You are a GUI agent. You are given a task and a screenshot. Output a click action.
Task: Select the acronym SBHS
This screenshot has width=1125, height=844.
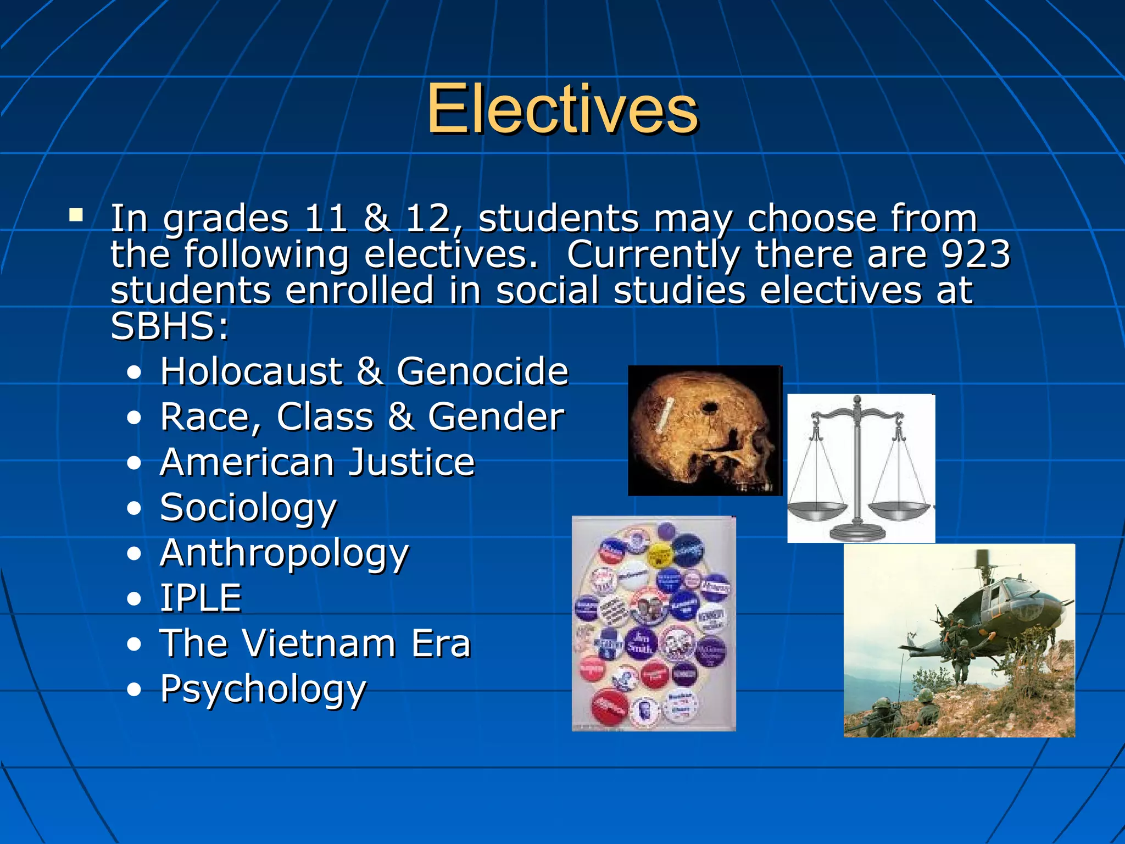click(163, 326)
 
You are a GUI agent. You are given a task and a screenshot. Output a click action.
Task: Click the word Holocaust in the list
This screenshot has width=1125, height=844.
click(252, 371)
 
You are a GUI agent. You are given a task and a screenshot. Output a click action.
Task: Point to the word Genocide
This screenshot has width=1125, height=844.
click(482, 371)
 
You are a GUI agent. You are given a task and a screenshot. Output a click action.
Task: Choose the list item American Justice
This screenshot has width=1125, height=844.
click(318, 462)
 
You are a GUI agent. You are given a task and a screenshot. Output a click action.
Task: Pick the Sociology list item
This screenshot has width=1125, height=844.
click(248, 508)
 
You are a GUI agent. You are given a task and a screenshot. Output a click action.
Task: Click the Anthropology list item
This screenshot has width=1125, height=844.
click(285, 553)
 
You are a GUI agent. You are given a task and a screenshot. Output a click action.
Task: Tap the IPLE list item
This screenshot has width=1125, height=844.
click(201, 598)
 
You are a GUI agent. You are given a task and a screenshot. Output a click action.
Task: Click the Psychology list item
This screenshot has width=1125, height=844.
click(263, 689)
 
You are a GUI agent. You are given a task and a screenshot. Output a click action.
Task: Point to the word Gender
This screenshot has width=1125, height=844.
click(496, 417)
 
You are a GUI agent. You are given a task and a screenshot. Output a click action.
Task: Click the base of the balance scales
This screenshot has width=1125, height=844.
click(857, 532)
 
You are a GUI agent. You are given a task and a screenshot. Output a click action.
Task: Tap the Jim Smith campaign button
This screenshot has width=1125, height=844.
click(641, 642)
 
